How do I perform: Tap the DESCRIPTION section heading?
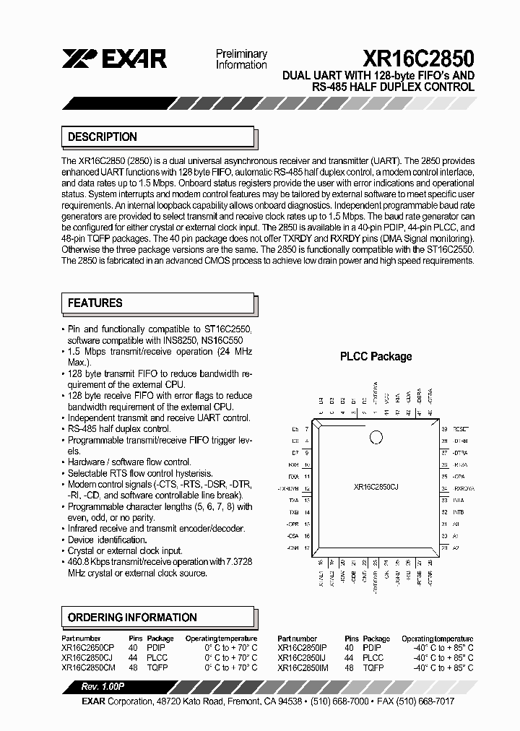(103, 137)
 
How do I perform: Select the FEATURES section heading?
(95, 303)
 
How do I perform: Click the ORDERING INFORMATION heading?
(132, 618)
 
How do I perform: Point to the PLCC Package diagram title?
(376, 356)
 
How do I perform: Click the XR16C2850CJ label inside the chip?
(376, 488)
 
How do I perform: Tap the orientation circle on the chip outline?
(376, 437)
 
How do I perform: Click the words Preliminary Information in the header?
(241, 59)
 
